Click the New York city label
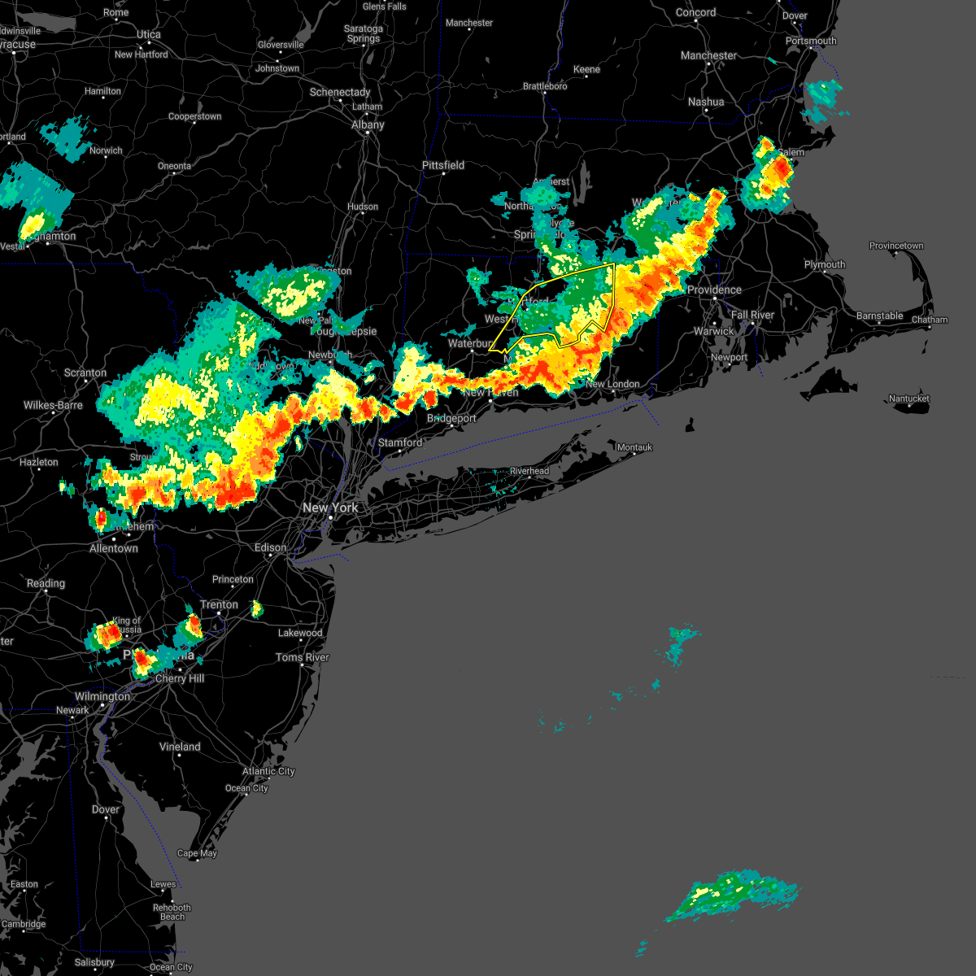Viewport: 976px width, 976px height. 330,508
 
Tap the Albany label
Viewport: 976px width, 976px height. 368,124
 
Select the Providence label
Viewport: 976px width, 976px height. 714,290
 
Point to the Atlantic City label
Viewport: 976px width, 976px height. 268,771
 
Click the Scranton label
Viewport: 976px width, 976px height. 85,373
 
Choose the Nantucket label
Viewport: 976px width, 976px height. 908,399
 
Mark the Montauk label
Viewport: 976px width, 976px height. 634,447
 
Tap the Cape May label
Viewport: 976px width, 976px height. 197,853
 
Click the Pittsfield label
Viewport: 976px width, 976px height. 443,165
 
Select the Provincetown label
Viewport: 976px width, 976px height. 896,246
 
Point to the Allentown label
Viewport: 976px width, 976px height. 114,548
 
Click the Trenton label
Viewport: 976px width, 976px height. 219,604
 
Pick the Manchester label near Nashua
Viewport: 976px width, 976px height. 708,55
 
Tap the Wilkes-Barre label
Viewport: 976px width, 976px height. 53,405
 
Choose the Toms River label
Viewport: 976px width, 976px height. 303,657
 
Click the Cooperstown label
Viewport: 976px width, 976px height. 194,116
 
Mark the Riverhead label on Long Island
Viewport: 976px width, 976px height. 529,471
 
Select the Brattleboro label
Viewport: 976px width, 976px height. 545,86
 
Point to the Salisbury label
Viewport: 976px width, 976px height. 94,962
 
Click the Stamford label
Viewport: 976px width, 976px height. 400,442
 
